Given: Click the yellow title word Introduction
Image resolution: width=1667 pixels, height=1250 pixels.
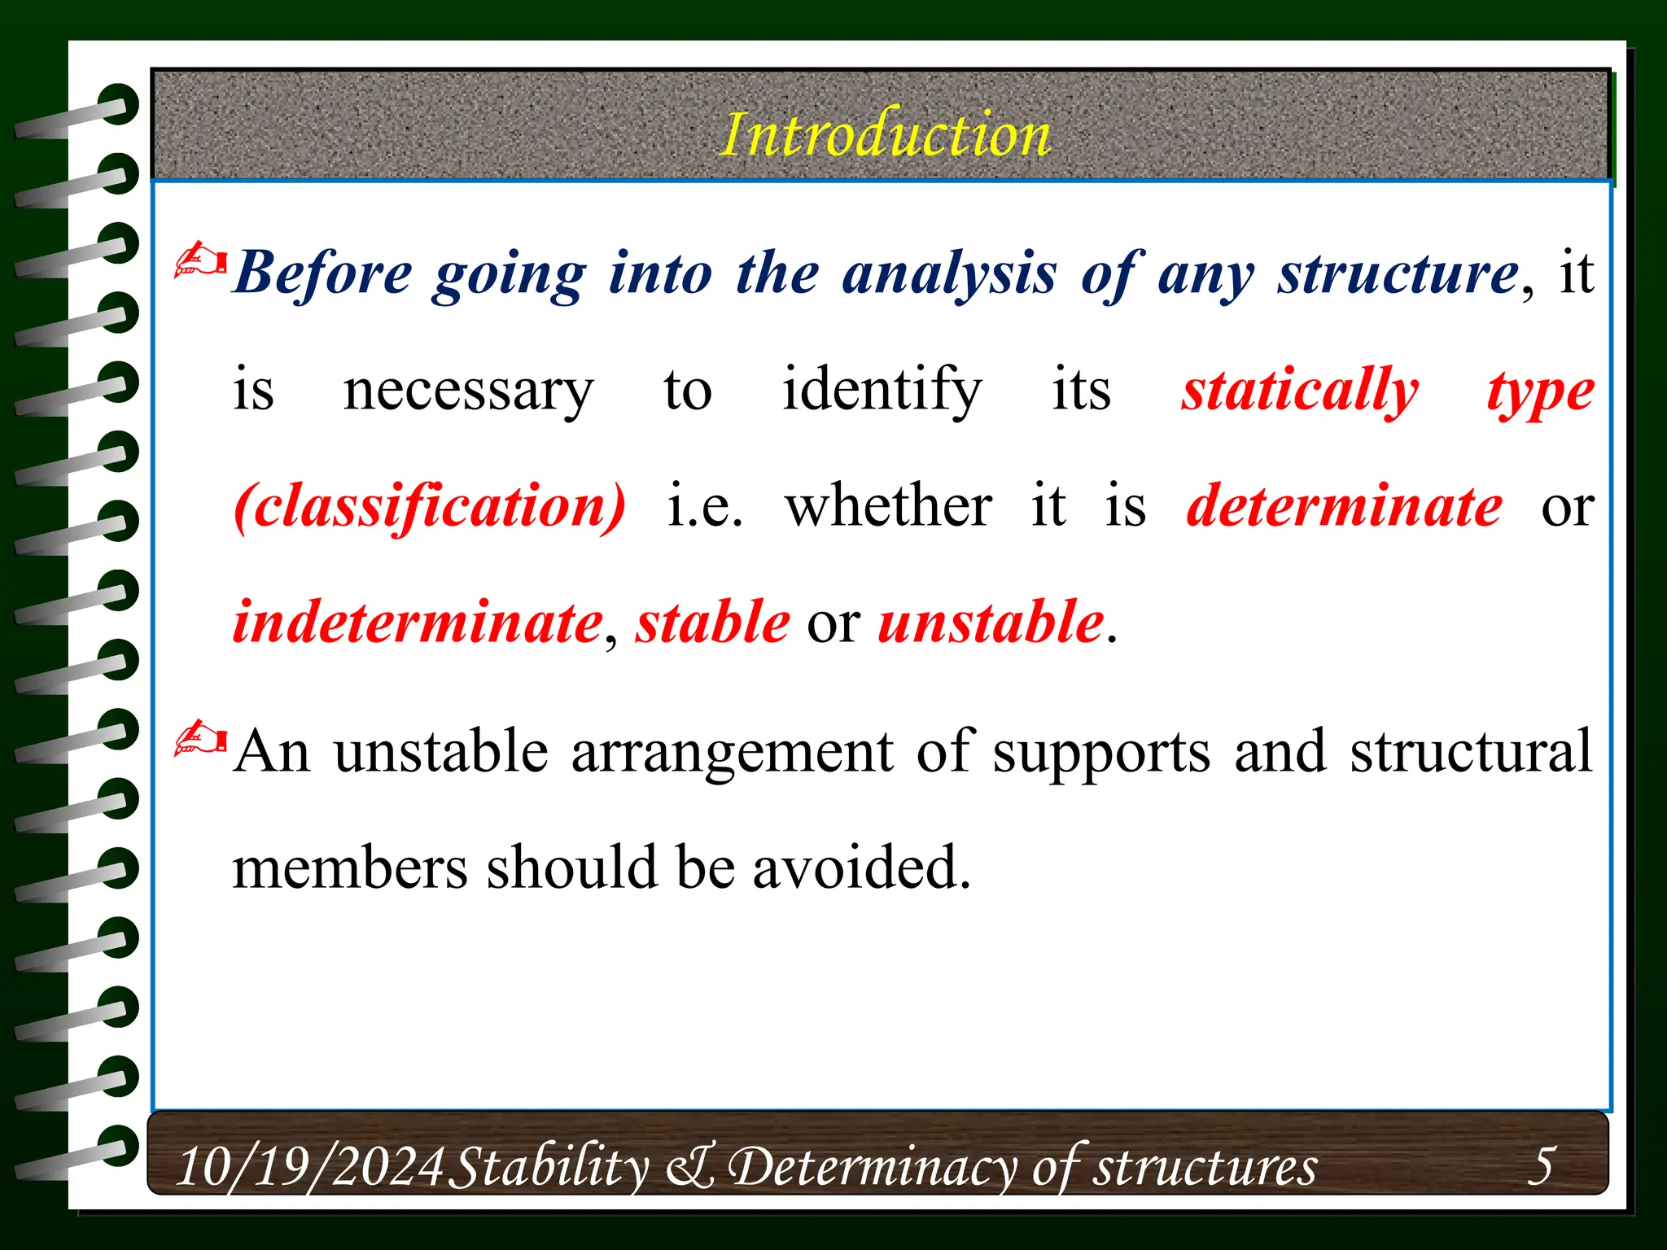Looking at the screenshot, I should pos(885,135).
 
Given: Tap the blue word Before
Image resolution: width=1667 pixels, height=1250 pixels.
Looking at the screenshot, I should pos(323,273).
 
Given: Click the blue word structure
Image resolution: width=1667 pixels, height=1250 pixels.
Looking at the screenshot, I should pos(1397,273).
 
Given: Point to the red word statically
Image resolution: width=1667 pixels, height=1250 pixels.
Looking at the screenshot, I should pos(1300,391).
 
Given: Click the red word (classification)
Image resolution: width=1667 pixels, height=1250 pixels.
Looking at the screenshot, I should pos(430,506).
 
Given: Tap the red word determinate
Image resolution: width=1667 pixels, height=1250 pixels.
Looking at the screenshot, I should pos(1344,506).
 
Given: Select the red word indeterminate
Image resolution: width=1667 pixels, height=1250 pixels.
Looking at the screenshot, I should pos(418,623).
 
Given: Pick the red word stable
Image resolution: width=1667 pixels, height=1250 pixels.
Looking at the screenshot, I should pos(712,623).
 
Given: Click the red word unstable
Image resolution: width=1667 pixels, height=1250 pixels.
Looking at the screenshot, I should pos(991,623).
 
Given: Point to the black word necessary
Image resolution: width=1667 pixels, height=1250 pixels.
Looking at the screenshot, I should pos(468,391).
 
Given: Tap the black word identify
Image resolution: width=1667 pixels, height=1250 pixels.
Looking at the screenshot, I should pos(882,391).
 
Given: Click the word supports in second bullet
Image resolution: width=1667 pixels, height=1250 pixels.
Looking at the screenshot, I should pos(1101,751).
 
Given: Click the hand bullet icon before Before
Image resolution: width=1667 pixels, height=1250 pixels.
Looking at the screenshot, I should pos(199,261).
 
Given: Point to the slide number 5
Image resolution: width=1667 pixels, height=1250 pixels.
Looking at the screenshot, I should pos(1541,1165).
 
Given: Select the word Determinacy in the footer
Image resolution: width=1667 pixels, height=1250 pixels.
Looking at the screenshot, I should pos(871,1166).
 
